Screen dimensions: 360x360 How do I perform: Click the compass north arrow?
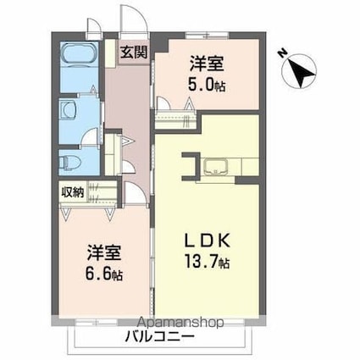(301, 67)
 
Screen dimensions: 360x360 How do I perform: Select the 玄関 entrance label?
(133, 52)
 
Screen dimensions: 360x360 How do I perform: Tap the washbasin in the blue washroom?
(66, 110)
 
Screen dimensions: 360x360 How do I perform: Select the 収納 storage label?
(72, 191)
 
